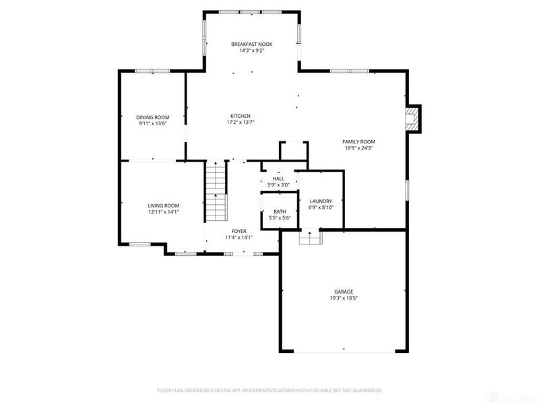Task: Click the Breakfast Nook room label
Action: pyautogui.click(x=252, y=44)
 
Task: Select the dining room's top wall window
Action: pyautogui.click(x=152, y=71)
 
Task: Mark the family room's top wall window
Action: pyautogui.click(x=349, y=71)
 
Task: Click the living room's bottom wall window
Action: pyautogui.click(x=139, y=243)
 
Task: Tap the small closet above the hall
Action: pyautogui.click(x=294, y=150)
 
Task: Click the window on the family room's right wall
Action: pyautogui.click(x=407, y=189)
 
